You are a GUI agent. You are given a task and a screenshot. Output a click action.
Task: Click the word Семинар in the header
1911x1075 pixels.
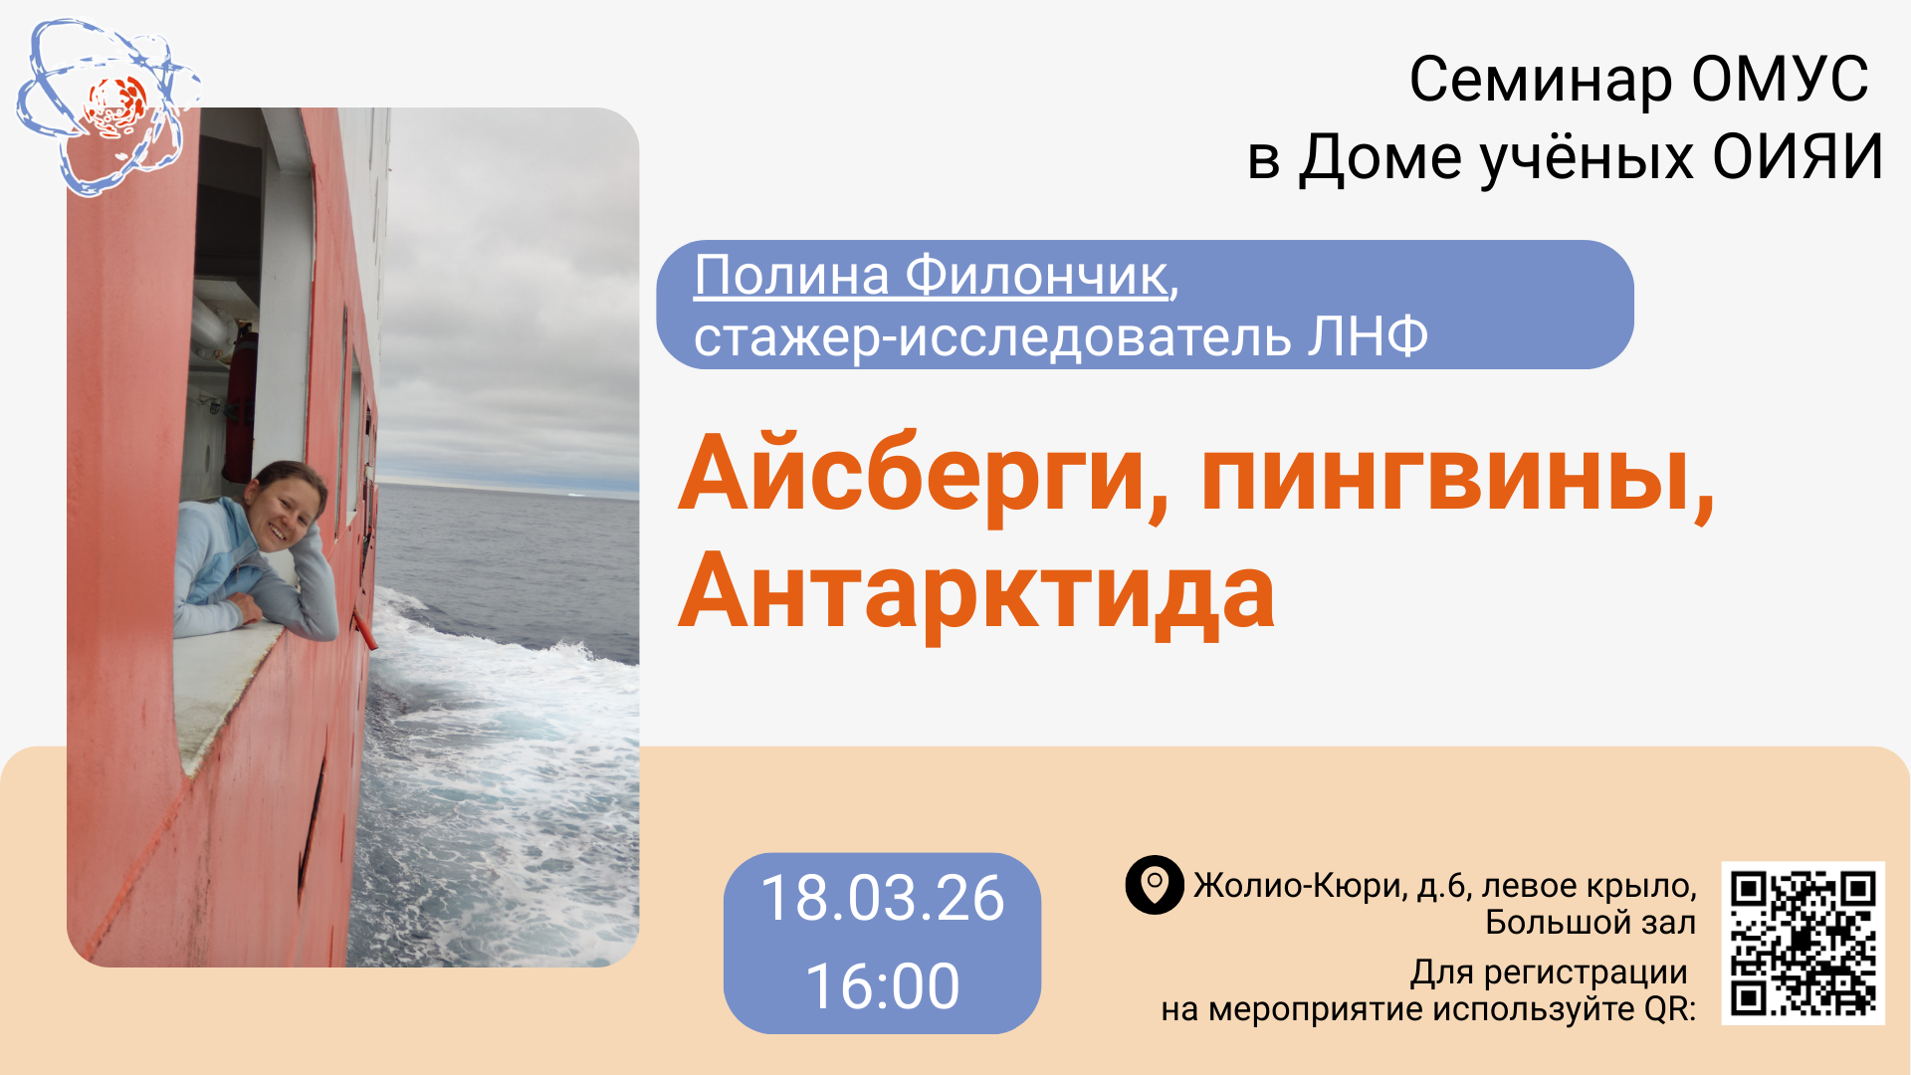1540,80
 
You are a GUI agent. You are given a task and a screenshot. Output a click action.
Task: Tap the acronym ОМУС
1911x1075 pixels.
1780,80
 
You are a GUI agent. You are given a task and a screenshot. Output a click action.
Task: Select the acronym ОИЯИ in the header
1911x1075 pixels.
1799,157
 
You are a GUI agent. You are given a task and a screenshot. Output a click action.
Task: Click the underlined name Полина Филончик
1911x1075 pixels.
931,275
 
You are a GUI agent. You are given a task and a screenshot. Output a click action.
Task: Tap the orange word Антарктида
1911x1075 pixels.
976,593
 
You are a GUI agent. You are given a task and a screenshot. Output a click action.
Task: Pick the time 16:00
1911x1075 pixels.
883,986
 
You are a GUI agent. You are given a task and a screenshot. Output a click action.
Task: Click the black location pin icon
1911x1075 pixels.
1155,884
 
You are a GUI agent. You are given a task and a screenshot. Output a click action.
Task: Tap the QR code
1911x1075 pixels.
1804,943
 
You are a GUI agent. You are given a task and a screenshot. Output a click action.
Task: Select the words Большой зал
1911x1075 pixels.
1591,923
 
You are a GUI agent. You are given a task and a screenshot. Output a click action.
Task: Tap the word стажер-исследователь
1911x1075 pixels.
991,338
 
